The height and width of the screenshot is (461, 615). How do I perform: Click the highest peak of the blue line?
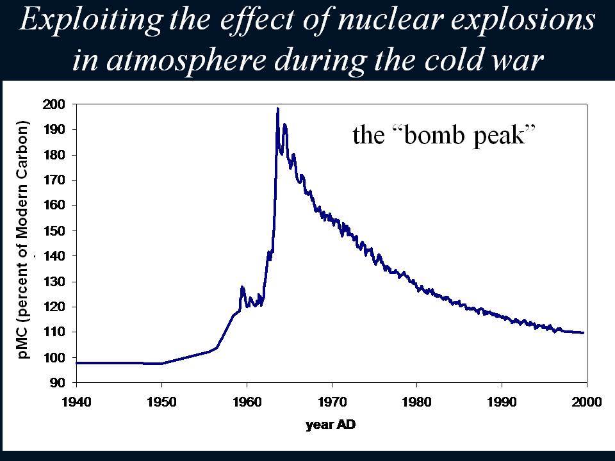[x=277, y=108]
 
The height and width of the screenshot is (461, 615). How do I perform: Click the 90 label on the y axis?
[x=57, y=383]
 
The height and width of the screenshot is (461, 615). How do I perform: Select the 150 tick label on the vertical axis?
[x=54, y=231]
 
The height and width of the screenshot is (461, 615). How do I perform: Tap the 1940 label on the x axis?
[x=76, y=402]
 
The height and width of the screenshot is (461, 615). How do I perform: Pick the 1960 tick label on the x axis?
[x=247, y=402]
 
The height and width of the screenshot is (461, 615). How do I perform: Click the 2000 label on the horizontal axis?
[x=587, y=402]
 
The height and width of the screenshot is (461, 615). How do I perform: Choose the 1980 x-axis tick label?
[x=416, y=402]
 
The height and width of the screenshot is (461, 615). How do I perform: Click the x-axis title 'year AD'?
[x=331, y=425]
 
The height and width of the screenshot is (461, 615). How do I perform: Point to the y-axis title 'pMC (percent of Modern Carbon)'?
[x=23, y=239]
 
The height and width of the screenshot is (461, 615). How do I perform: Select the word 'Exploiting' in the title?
[x=90, y=20]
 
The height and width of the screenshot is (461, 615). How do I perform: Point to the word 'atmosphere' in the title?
[x=186, y=61]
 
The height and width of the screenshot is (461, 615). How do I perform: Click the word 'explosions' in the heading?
[x=524, y=20]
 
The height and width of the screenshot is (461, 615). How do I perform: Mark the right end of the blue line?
[x=584, y=333]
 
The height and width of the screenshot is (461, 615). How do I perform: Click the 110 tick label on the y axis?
[x=54, y=332]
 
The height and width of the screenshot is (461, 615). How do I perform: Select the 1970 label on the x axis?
[x=332, y=402]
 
